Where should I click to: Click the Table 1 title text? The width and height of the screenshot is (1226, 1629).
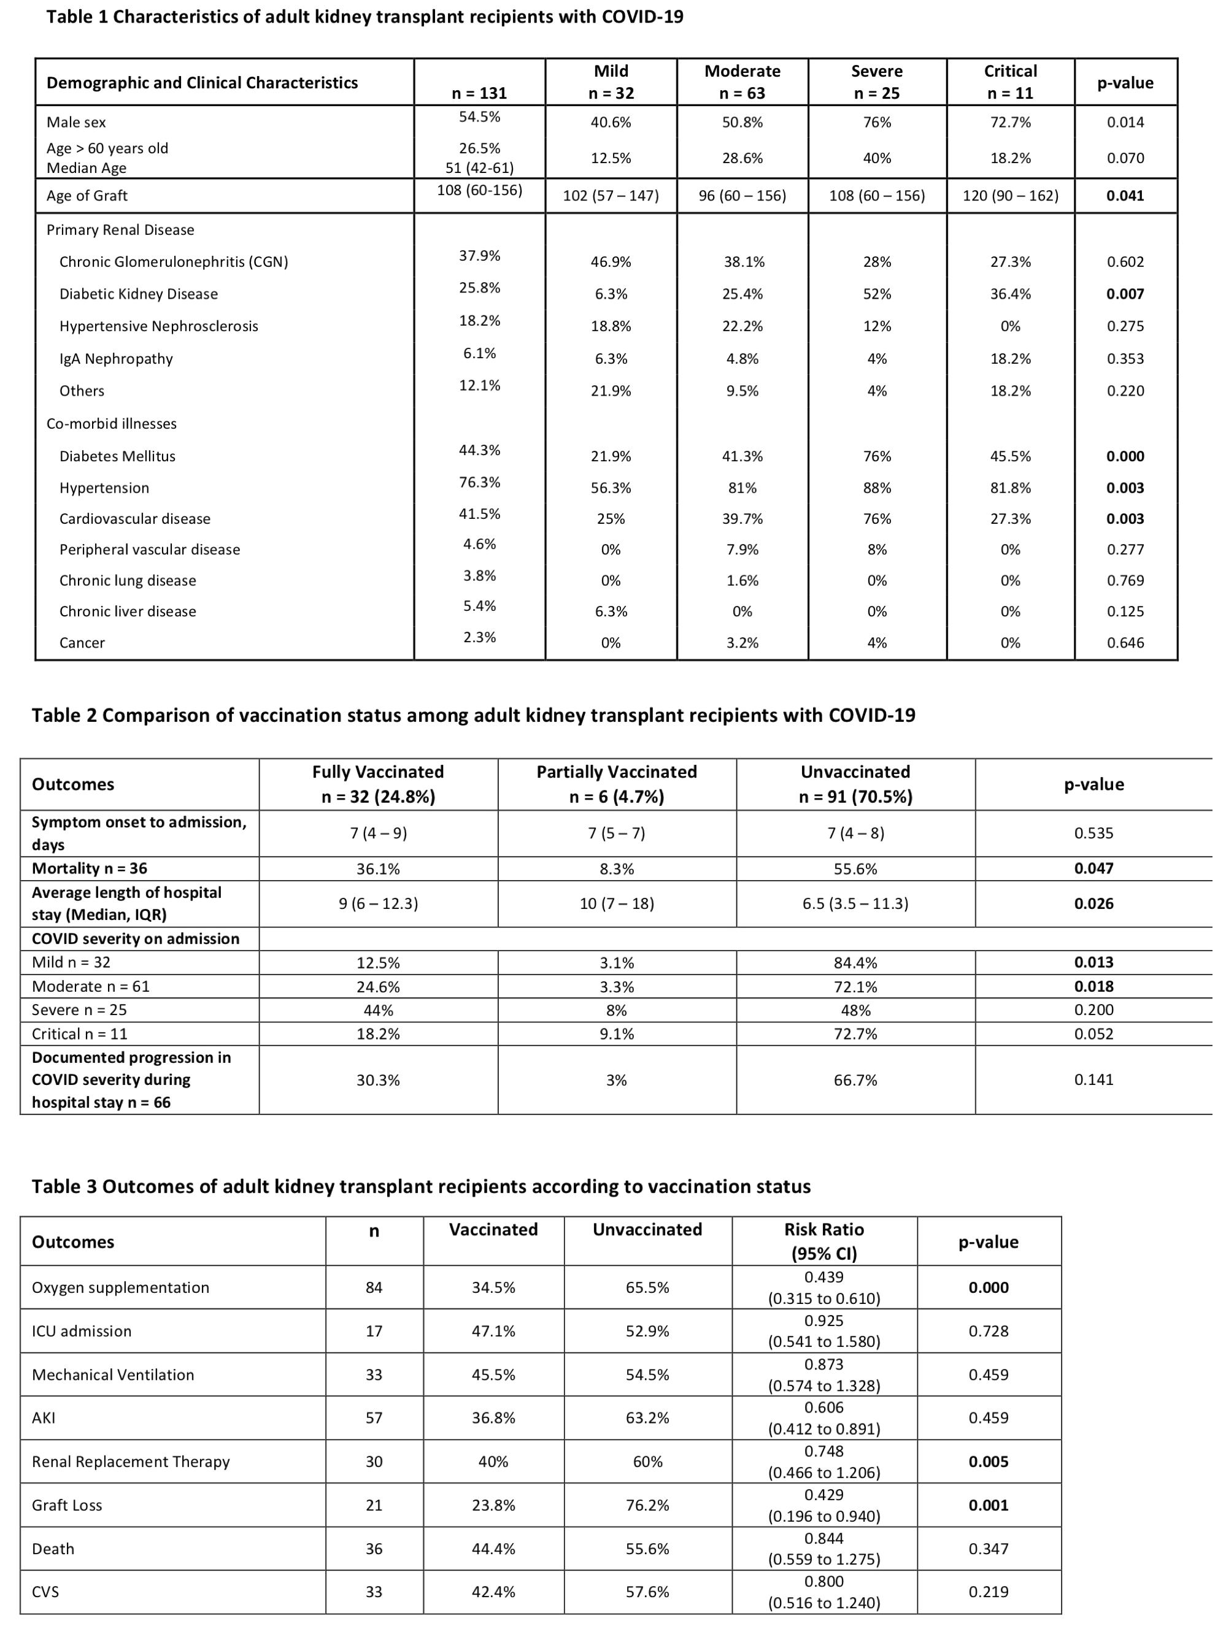(x=364, y=17)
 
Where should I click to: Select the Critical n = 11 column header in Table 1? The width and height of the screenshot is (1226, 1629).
(x=1009, y=82)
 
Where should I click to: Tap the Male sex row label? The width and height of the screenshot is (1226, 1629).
(x=76, y=122)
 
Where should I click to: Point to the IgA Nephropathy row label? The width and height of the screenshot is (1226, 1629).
(x=116, y=359)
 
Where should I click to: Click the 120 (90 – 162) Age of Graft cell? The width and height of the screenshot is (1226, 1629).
(x=1009, y=196)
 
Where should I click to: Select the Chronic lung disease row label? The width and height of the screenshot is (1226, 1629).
(x=128, y=580)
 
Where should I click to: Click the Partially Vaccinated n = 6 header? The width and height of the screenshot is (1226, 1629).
(x=616, y=784)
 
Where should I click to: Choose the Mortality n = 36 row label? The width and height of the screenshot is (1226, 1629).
(x=89, y=868)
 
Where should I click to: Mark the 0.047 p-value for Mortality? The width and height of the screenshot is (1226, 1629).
(x=1093, y=868)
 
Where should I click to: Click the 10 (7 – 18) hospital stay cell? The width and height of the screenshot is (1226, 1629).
(x=616, y=903)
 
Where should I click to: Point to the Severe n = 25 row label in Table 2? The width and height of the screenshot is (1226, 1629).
(x=79, y=1010)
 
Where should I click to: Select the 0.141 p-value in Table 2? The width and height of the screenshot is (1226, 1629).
(x=1093, y=1079)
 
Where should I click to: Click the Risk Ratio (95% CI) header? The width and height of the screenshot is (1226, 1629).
(x=823, y=1241)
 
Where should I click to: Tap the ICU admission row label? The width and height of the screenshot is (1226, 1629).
(x=81, y=1331)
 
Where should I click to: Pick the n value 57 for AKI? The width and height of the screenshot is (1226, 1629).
(x=374, y=1417)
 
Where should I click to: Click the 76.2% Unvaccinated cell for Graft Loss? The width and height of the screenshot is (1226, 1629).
(x=647, y=1505)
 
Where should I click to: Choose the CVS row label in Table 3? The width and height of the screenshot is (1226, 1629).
(x=45, y=1592)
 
